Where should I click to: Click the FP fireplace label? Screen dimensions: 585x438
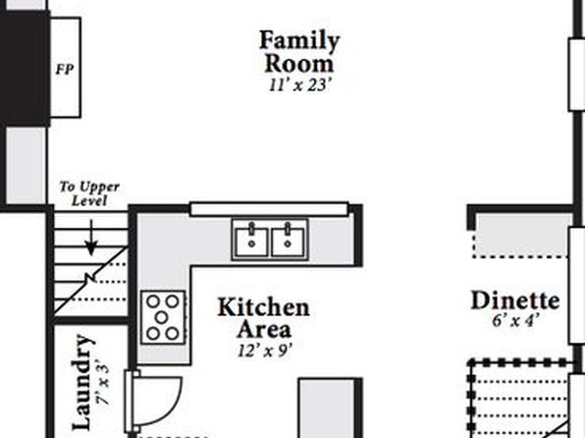coord(65,69)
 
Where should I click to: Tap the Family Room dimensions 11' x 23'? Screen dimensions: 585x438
coord(299,85)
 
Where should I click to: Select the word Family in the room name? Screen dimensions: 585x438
coord(299,40)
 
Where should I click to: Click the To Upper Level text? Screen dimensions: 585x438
coord(89,193)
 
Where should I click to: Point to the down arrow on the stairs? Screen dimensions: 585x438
coord(91,238)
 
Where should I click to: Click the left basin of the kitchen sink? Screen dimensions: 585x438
coord(251,242)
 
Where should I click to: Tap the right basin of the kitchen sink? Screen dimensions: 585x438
coord(288,242)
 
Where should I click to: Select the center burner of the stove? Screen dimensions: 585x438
coord(161,317)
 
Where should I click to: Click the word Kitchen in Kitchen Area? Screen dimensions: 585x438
coord(263,307)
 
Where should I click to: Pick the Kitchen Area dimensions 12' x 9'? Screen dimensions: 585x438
coord(264,351)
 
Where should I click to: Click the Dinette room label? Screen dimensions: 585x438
coord(515,301)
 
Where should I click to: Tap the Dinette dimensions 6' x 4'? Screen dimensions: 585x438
coord(515,320)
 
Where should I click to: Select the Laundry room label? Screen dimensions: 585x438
coord(82,382)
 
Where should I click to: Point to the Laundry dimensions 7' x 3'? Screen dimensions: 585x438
coord(103,382)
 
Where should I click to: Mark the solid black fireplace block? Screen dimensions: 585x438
coord(26,69)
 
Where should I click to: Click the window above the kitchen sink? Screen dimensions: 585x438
coord(269,209)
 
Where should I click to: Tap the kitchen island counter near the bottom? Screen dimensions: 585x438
coord(327,409)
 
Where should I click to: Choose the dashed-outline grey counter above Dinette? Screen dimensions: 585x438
coord(521,236)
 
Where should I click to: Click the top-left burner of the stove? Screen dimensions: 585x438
coord(153,301)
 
